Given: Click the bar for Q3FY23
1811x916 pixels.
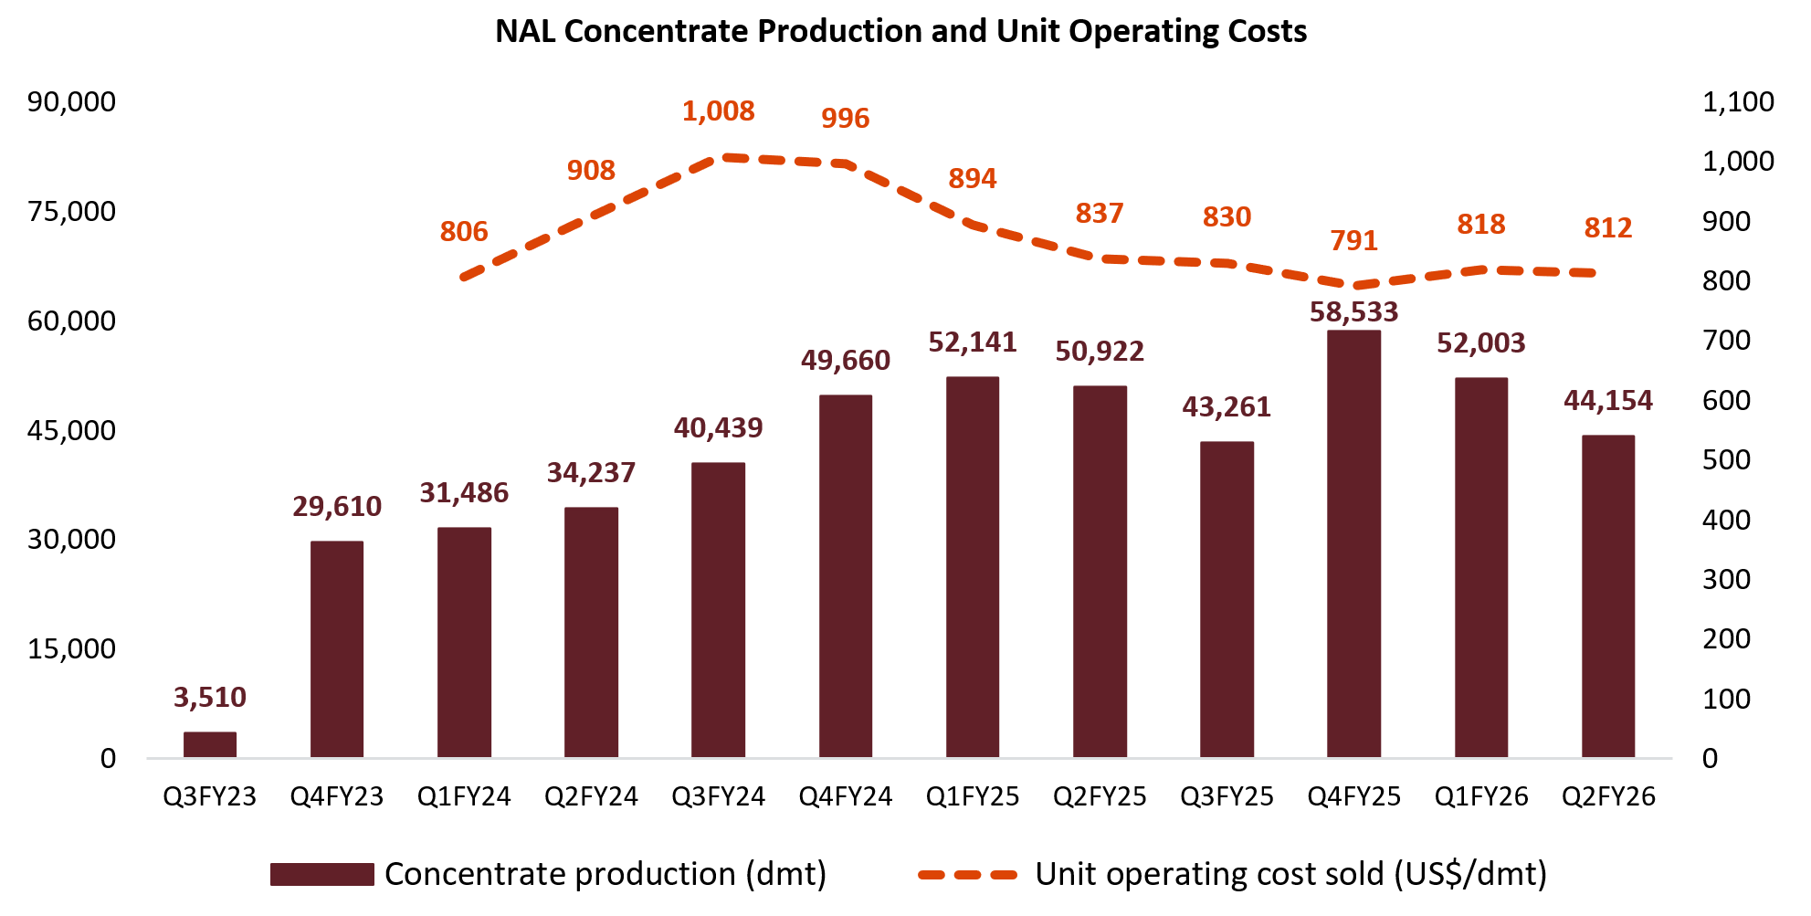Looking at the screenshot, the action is [210, 744].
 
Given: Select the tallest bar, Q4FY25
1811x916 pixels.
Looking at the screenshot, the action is [1353, 543].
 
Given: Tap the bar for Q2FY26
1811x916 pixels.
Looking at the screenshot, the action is [1607, 595].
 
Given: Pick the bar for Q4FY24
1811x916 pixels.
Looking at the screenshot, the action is [846, 575].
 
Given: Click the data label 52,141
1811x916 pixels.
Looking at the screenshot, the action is [973, 342].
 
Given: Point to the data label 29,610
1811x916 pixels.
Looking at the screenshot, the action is [337, 507].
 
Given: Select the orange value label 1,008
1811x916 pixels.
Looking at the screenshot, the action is [719, 111].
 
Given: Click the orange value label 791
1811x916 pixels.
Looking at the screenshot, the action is [1353, 241].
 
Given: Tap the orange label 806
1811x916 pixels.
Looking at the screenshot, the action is [464, 232].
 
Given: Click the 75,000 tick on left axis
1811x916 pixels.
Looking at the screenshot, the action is [71, 212].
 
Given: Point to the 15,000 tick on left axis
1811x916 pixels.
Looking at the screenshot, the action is [71, 649].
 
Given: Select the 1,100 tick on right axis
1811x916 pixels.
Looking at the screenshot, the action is [1738, 102].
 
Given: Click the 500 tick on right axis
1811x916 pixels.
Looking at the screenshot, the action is [1726, 460].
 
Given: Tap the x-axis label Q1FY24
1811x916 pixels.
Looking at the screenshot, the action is [464, 797].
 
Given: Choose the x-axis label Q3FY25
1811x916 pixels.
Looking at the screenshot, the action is [1227, 797].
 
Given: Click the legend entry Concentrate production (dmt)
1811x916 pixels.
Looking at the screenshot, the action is [605, 874].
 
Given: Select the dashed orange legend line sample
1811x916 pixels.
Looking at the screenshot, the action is [967, 875].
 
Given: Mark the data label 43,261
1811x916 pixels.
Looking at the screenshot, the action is [1227, 407].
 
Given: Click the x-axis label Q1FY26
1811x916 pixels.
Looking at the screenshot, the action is [1480, 797].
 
